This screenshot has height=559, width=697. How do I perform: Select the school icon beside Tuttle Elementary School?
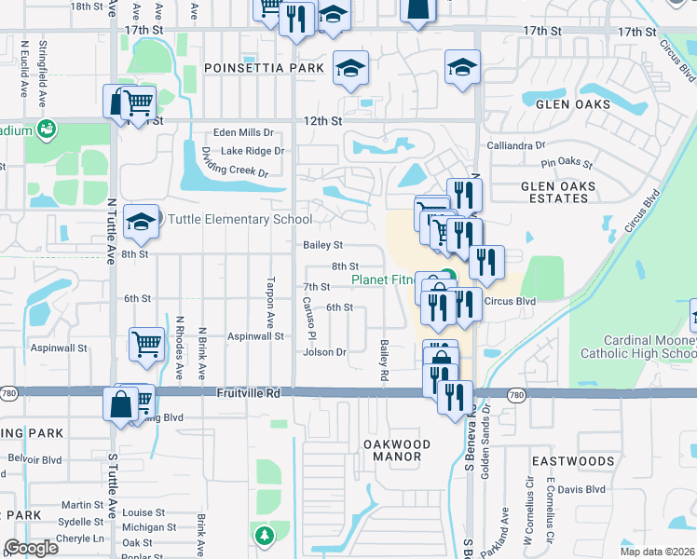141,222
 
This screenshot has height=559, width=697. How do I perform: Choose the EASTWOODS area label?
573,461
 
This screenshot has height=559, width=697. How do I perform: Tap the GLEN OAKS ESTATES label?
570,193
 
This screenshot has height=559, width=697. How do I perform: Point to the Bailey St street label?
323,245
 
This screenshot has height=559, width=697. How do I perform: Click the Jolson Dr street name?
324,352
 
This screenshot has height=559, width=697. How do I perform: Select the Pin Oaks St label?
573,163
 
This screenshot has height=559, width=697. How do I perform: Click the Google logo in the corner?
32,548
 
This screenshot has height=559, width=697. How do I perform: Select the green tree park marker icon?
265,535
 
